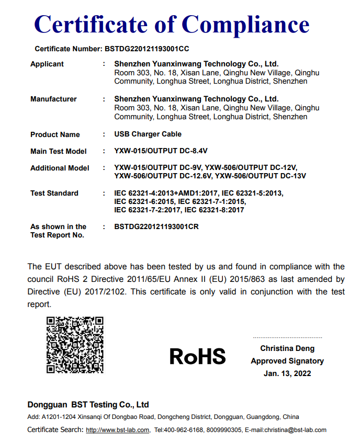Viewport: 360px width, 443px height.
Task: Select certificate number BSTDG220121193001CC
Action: (147, 49)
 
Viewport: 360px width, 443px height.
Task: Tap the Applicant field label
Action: (47, 64)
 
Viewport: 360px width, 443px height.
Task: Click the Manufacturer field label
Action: (53, 99)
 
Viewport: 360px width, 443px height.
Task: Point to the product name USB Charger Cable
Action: (149, 134)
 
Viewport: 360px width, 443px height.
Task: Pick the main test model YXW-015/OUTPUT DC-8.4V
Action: (161, 151)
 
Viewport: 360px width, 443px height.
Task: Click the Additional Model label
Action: (60, 168)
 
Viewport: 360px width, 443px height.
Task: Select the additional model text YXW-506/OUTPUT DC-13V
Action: (261, 176)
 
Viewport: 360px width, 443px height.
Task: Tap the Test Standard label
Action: (54, 193)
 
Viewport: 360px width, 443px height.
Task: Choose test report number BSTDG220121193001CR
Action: (156, 226)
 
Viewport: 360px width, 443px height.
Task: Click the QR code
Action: (75, 344)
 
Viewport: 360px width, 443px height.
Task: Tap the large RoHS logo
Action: (198, 356)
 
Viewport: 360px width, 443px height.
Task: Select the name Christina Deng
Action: (287, 348)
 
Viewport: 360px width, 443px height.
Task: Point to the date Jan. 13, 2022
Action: (287, 373)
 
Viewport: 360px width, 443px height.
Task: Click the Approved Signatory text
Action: (287, 361)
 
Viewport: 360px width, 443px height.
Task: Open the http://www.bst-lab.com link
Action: (117, 430)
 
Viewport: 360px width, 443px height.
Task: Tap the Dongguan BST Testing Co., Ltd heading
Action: (88, 404)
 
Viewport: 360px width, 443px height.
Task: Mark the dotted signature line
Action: (287, 338)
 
